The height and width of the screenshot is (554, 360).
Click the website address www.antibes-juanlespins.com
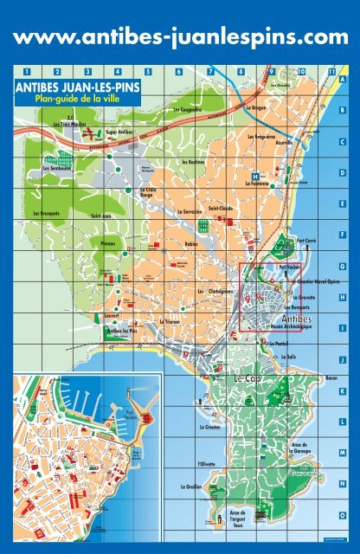pos(180,36)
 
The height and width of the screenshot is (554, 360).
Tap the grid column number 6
pos(177,71)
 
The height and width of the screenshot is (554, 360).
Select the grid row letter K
pos(343,390)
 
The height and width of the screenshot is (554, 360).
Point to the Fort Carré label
pos(307,242)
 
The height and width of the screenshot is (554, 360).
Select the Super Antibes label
pos(119,132)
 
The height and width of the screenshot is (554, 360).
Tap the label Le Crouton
pos(209,428)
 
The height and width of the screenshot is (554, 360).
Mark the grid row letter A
pos(343,80)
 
